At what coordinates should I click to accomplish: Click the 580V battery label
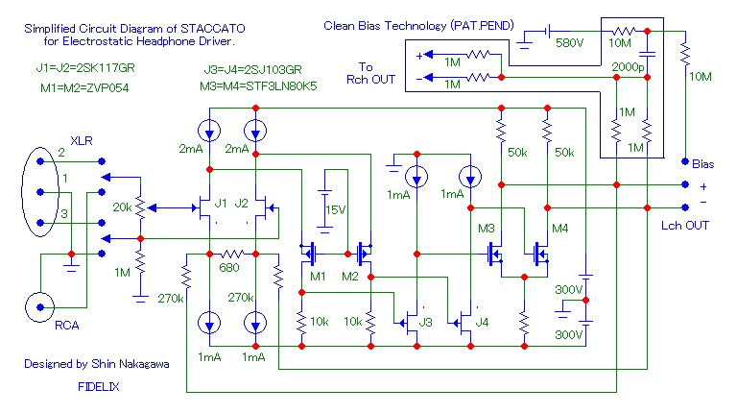(x=568, y=44)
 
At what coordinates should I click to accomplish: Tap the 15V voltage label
(x=335, y=209)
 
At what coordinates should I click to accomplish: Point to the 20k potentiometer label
(x=122, y=207)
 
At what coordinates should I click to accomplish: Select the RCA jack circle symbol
(x=39, y=306)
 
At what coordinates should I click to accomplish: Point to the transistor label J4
(x=483, y=321)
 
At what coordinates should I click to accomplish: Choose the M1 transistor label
(x=320, y=277)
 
